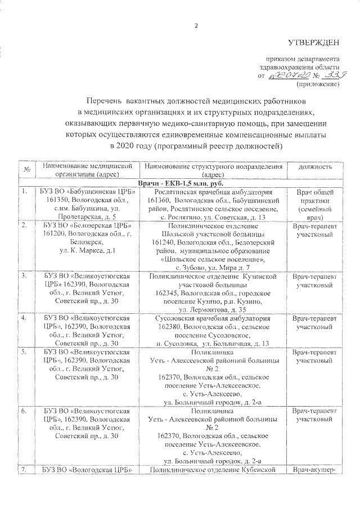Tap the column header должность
pyautogui.click(x=315, y=166)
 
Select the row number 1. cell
pyautogui.click(x=25, y=192)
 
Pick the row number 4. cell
pyautogui.click(x=25, y=318)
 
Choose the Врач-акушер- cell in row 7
pyautogui.click(x=315, y=469)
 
